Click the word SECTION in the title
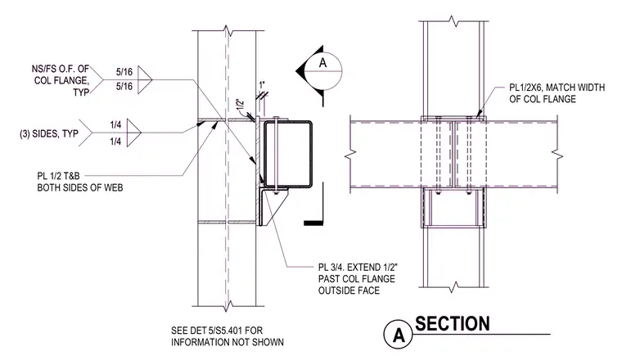tap(453, 324)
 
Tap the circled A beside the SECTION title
tap(399, 335)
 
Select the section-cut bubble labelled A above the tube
tap(323, 71)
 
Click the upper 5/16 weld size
tap(124, 72)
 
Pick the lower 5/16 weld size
tap(124, 87)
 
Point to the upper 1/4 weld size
tap(115, 125)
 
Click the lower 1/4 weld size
tap(115, 142)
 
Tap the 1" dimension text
tap(261, 85)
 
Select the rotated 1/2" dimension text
tap(241, 105)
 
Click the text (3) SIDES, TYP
tap(49, 133)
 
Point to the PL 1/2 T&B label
tap(58, 176)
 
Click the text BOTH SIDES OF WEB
tap(80, 187)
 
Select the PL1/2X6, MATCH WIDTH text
tap(557, 88)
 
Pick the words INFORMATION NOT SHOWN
tap(228, 342)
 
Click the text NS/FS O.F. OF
tap(61, 69)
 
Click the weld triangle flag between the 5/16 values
tap(145, 79)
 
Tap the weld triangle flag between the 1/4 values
tap(134, 133)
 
